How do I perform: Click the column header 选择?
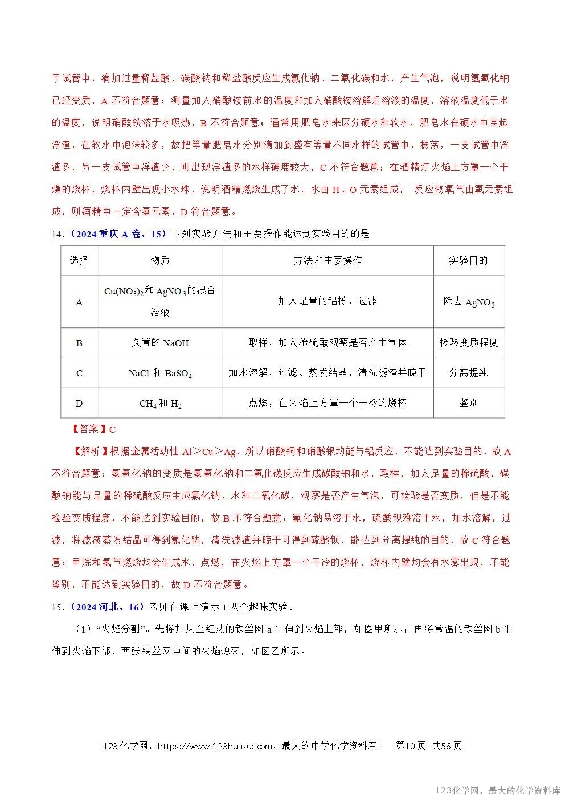pyautogui.click(x=79, y=260)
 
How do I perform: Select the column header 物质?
pyautogui.click(x=160, y=260)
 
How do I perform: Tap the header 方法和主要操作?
pyautogui.click(x=327, y=260)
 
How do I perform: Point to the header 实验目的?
pyautogui.click(x=468, y=260)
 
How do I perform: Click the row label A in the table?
pyautogui.click(x=79, y=302)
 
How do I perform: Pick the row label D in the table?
pyautogui.click(x=79, y=403)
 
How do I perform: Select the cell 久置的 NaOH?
pyautogui.click(x=160, y=343)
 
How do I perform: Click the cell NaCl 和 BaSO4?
pyautogui.click(x=160, y=373)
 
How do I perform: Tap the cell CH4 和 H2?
pyautogui.click(x=160, y=403)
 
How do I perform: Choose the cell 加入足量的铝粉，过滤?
pyautogui.click(x=327, y=301)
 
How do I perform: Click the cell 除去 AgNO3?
pyautogui.click(x=469, y=302)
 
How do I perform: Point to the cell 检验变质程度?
pyautogui.click(x=469, y=343)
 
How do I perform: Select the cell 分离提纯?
pyautogui.click(x=469, y=373)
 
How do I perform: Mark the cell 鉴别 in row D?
pyautogui.click(x=469, y=403)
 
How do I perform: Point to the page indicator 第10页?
pyautogui.click(x=410, y=746)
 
